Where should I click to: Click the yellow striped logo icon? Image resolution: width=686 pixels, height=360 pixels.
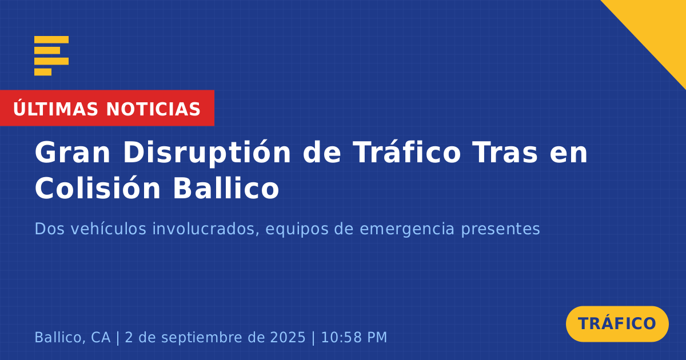coord(51,56)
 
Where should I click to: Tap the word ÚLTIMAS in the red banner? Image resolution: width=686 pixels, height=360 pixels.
coord(55,109)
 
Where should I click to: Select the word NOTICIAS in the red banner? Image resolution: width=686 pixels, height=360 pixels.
coord(153,109)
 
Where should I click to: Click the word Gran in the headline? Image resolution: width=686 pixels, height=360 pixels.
coord(72,153)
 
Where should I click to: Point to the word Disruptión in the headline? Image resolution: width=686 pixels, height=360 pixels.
coord(207,153)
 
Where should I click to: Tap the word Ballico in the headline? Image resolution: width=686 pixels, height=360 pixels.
coord(226,187)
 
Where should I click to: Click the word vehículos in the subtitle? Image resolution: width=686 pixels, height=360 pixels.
coord(109,229)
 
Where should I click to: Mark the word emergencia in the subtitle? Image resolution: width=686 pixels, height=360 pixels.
coord(406,230)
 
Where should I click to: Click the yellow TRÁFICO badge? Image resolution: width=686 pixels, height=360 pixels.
coord(617,324)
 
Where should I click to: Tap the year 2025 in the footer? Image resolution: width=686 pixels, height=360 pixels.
coord(288,337)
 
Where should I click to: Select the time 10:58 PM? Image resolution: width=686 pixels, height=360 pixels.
coord(354,337)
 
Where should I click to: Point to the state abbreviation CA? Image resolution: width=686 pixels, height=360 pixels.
coord(101,337)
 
